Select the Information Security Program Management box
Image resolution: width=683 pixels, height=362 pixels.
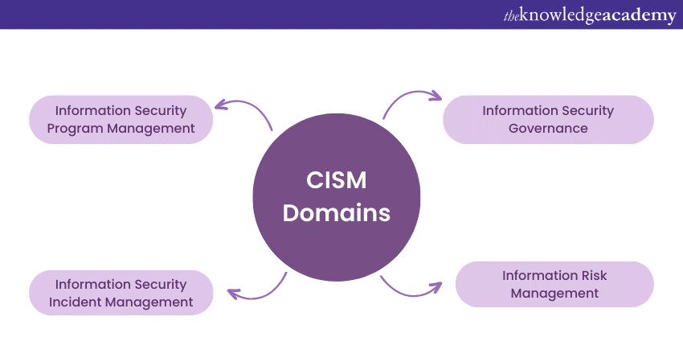121,119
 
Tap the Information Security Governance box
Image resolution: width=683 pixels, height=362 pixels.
548,119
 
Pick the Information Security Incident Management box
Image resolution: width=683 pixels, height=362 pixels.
121,293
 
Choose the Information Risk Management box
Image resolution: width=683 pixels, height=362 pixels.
554,284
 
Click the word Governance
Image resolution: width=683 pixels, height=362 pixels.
548,128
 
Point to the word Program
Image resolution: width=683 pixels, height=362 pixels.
73,128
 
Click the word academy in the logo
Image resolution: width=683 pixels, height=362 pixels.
639,15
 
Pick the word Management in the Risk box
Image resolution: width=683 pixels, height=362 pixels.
554,294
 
